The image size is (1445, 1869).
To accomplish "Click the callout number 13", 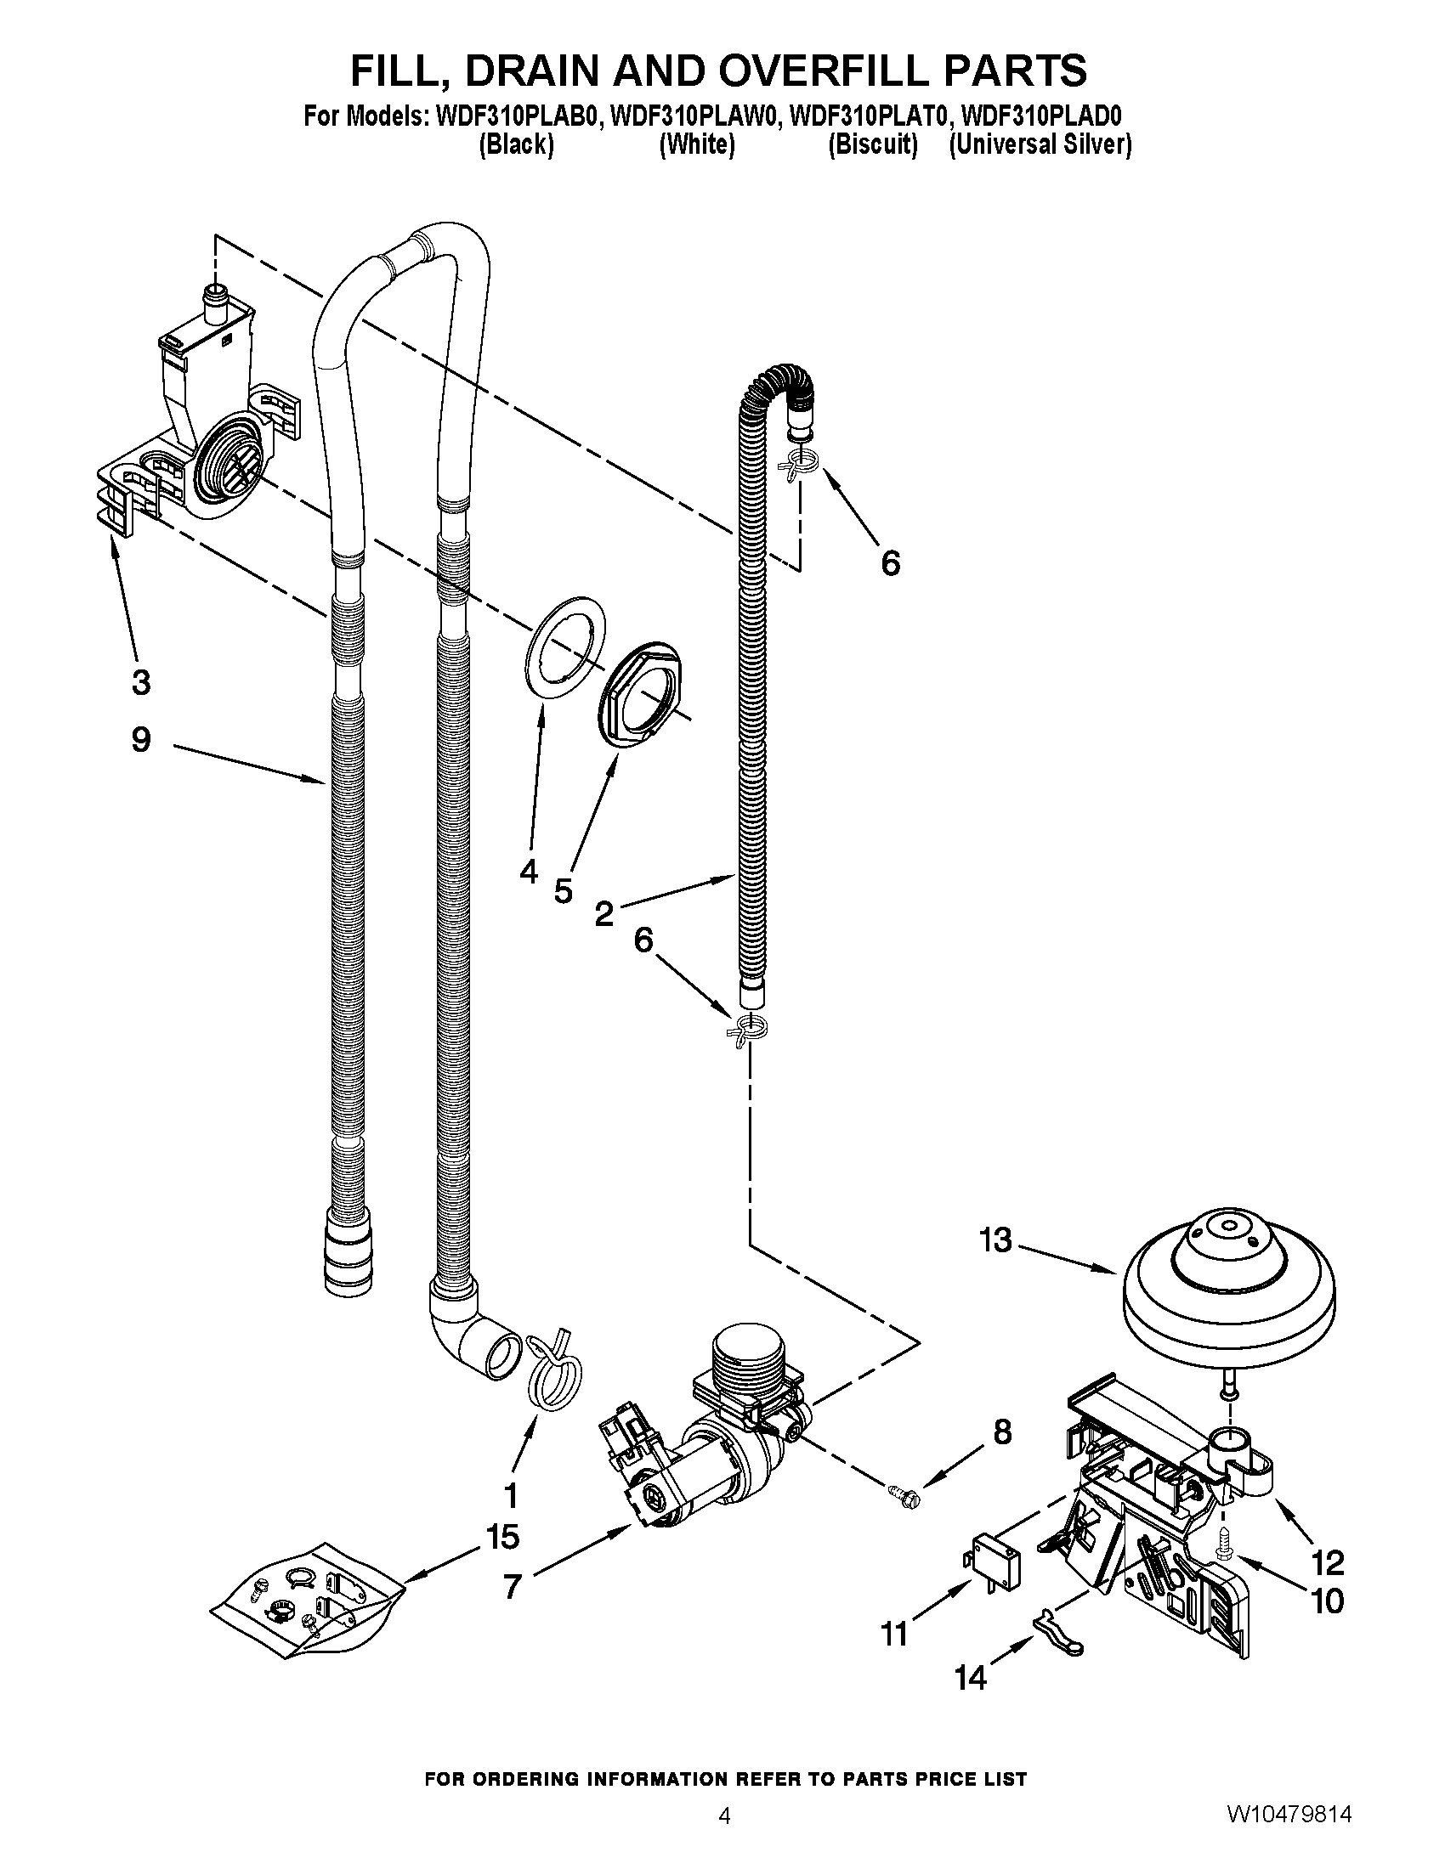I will pos(995,1240).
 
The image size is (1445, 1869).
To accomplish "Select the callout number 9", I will pos(141,739).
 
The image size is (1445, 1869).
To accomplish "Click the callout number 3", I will pos(141,682).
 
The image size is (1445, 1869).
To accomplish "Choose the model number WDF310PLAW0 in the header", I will pos(695,116).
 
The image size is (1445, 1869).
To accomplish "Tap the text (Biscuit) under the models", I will pos(872,145).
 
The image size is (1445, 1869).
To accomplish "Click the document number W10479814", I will pos(1289,1832).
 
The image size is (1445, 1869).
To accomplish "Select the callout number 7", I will pos(512,1588).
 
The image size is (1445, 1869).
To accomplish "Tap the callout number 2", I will pos(604,915).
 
